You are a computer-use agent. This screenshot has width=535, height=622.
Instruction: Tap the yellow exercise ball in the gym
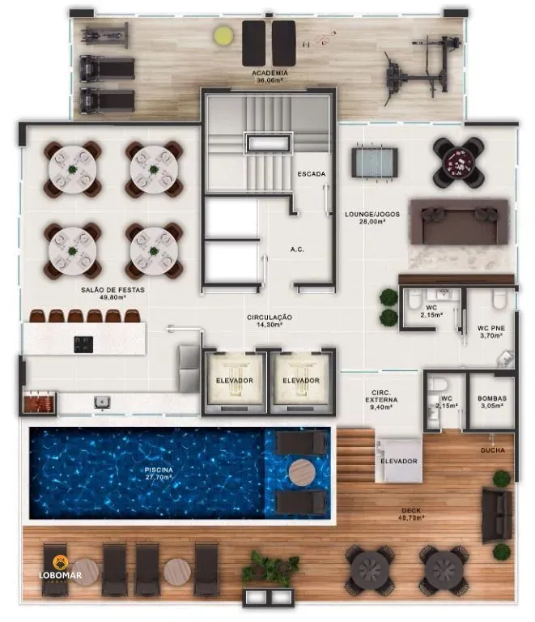(x=222, y=36)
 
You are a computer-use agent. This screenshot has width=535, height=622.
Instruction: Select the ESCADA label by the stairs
(x=311, y=174)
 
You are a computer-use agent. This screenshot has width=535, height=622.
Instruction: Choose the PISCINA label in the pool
(x=159, y=470)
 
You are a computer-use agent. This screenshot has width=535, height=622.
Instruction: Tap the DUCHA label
(x=491, y=449)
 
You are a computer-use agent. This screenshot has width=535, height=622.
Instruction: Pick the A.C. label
(x=296, y=249)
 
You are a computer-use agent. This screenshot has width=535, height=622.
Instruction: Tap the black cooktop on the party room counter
(x=83, y=343)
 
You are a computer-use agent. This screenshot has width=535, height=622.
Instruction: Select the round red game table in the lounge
(x=459, y=162)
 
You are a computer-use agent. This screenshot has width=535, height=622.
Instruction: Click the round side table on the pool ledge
(x=301, y=472)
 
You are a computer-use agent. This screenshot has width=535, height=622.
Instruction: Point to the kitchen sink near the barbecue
(x=103, y=400)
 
